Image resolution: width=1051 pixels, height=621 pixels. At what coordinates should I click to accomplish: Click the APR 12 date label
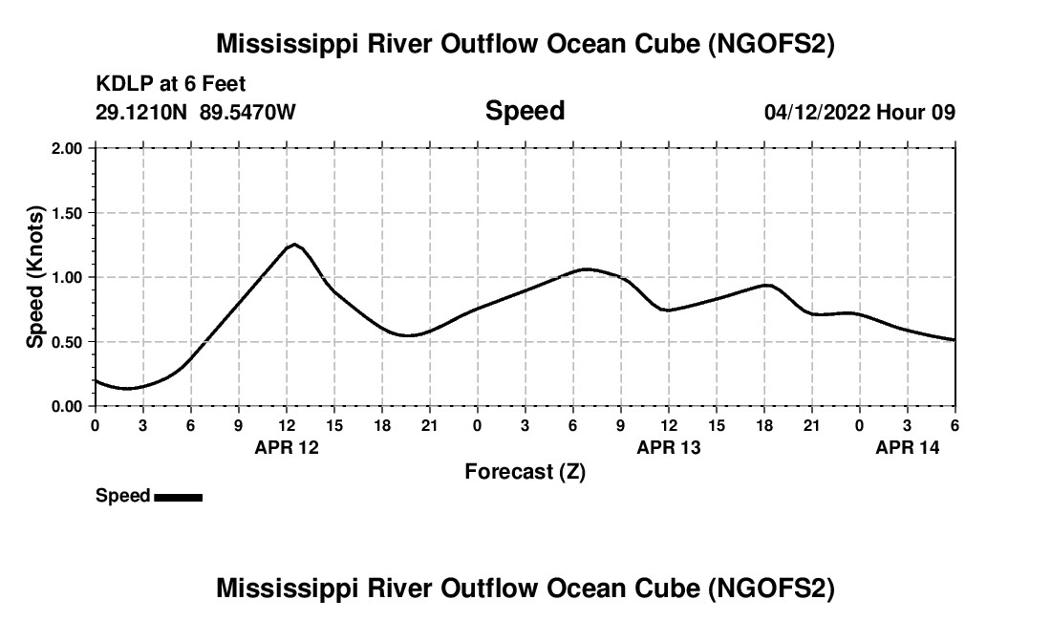pyautogui.click(x=287, y=447)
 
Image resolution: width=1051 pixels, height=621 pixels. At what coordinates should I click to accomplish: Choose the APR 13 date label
pyautogui.click(x=669, y=447)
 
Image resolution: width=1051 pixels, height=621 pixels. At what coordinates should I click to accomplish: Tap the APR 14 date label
pyautogui.click(x=908, y=447)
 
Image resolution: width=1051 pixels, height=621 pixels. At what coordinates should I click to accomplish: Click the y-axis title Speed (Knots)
pyautogui.click(x=35, y=277)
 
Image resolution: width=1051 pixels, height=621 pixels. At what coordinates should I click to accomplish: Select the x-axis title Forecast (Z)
pyautogui.click(x=525, y=472)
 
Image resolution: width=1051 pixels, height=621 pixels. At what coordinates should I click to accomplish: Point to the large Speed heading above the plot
pyautogui.click(x=525, y=111)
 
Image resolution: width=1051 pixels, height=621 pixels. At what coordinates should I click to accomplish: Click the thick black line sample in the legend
pyautogui.click(x=178, y=497)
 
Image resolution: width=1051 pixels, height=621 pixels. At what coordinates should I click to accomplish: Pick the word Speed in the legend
pyautogui.click(x=122, y=496)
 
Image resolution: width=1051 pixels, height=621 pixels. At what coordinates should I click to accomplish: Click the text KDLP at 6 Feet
pyautogui.click(x=171, y=85)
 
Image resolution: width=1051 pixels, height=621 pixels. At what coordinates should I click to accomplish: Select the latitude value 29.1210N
pyautogui.click(x=142, y=113)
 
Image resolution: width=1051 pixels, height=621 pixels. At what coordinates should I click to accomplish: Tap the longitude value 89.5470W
pyautogui.click(x=247, y=113)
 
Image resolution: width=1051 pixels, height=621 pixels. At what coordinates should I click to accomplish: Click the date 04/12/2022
pyautogui.click(x=818, y=113)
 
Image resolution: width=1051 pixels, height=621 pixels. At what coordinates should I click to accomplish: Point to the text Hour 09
pyautogui.click(x=916, y=113)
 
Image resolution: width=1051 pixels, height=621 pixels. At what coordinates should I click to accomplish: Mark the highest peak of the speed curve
pyautogui.click(x=296, y=245)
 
